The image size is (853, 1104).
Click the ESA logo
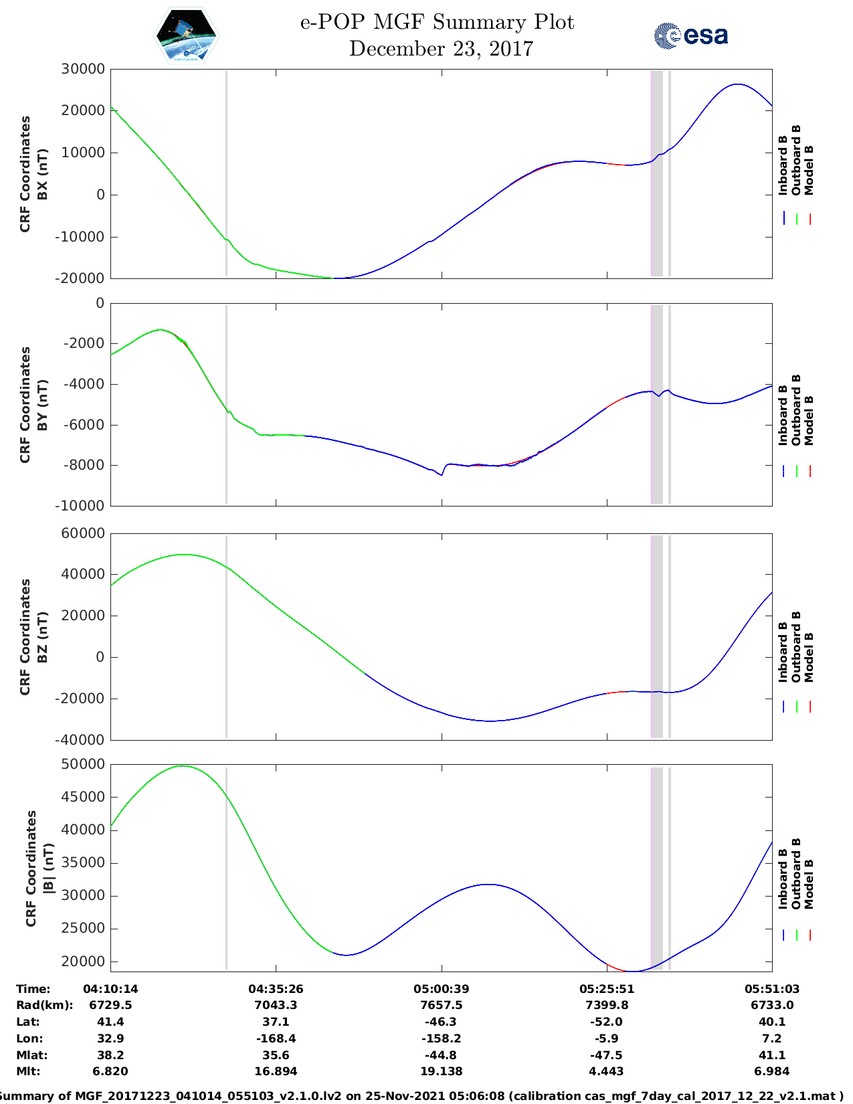690,35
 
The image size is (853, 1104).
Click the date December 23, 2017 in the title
441,49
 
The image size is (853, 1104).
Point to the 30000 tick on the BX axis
83,69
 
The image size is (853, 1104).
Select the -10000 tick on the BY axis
83,506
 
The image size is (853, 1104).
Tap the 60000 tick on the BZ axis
83,533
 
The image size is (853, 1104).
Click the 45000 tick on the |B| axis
83,797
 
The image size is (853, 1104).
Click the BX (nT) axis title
42,174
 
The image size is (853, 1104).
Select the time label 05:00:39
441,989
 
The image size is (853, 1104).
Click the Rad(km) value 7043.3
276,1005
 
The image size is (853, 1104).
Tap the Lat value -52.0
606,1022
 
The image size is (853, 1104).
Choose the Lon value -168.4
276,1038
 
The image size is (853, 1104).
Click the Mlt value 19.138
441,1071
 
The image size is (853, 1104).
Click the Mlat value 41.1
771,1055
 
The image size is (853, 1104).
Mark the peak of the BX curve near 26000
737,84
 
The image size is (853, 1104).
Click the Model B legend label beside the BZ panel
809,657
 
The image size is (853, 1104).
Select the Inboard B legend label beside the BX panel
783,165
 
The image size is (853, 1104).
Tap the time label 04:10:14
110,989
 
